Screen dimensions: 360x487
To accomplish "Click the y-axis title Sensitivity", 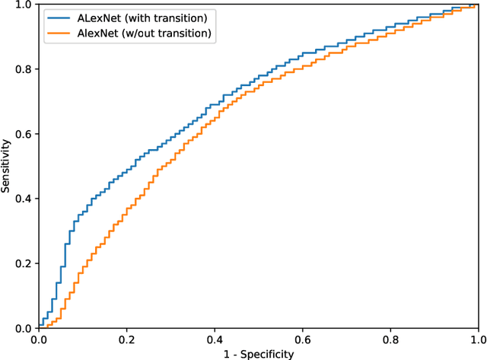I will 7,166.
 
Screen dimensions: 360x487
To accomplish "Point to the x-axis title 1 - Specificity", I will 258,353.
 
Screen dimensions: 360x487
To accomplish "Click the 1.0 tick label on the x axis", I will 477,339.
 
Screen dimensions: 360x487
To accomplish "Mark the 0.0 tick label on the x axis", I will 39,339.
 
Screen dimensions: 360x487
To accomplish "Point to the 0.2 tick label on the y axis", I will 23,263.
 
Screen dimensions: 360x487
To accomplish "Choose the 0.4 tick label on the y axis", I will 23,199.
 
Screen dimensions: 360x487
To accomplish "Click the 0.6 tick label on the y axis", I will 23,134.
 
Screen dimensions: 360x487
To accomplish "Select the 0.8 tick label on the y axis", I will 23,69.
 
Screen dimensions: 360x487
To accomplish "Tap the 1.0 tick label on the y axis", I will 23,5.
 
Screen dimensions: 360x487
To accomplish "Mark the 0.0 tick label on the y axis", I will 23,328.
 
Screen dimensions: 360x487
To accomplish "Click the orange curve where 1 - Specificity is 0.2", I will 126,212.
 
